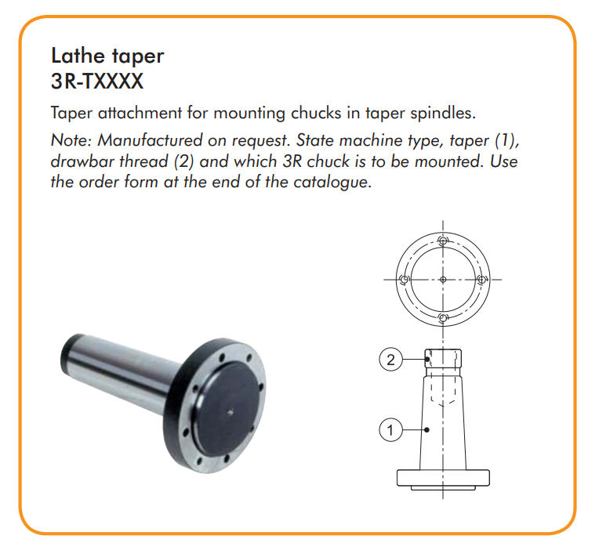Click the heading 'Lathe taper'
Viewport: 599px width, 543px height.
tap(107, 56)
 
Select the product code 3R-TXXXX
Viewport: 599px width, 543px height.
tap(97, 81)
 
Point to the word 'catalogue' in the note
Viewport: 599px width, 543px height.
tap(332, 182)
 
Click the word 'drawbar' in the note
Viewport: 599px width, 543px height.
tap(82, 161)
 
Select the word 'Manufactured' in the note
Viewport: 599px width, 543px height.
tap(150, 140)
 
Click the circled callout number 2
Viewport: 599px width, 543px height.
tap(390, 360)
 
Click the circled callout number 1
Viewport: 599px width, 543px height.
tap(390, 430)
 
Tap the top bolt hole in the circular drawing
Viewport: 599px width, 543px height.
tap(443, 241)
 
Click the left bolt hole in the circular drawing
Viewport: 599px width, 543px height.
tap(405, 280)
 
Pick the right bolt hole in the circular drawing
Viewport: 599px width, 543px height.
tap(481, 280)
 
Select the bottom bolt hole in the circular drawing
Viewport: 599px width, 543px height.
tap(443, 318)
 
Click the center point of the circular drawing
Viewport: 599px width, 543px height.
tap(443, 280)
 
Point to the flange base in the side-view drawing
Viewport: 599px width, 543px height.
tap(443, 478)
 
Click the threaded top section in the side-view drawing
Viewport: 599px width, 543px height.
tap(443, 358)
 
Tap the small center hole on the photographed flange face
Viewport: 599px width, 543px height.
tap(230, 411)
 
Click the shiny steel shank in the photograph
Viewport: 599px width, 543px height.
tap(122, 371)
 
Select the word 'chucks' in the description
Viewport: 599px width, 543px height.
tap(316, 113)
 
